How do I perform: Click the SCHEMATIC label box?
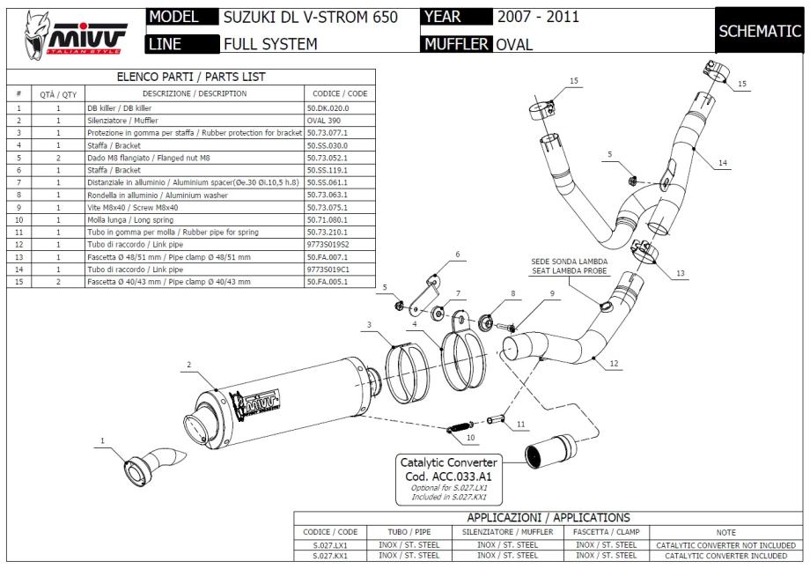759,30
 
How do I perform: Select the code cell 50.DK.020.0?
328,107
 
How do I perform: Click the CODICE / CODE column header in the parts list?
340,93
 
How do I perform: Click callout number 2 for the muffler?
189,364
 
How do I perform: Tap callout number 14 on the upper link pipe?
722,163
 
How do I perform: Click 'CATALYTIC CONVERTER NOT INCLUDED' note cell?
725,544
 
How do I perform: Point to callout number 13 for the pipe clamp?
680,273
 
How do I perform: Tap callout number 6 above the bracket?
458,255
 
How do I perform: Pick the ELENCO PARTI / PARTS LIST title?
190,78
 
